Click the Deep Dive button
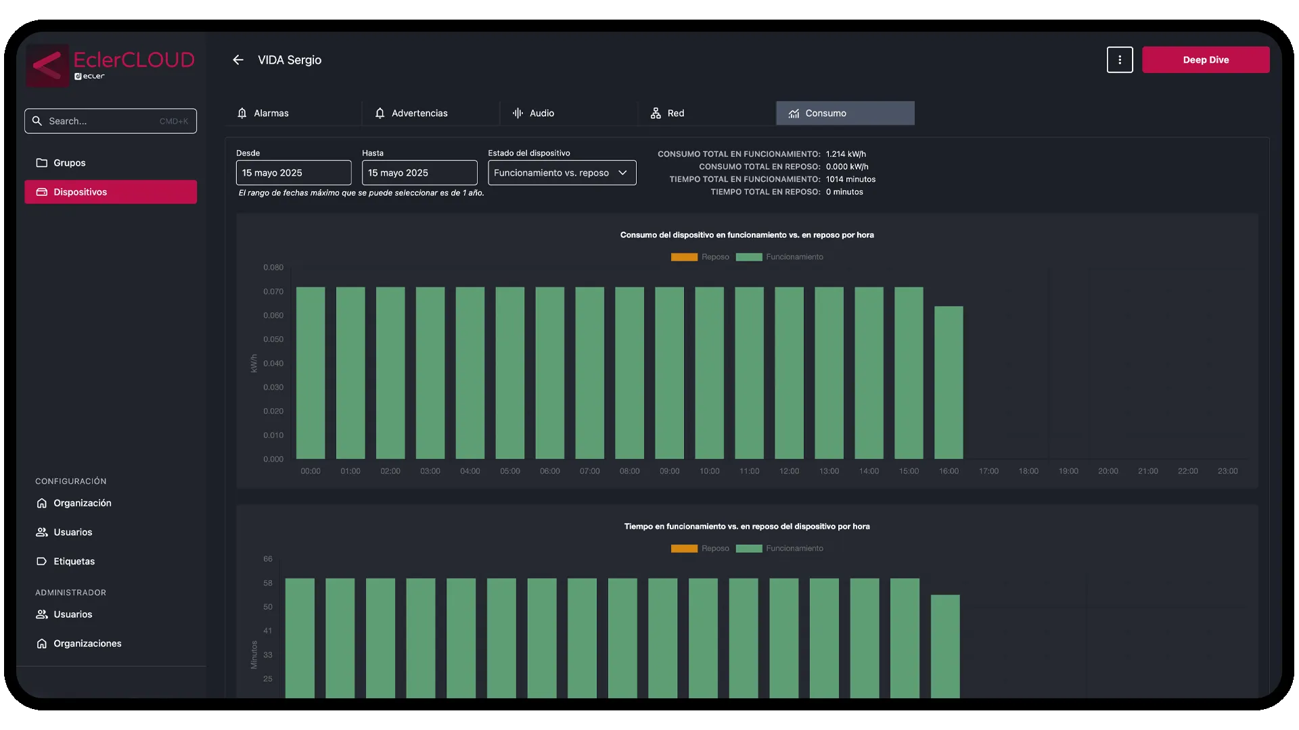click(1205, 59)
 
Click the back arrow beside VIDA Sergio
click(238, 60)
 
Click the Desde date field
click(293, 173)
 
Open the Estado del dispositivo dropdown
click(562, 173)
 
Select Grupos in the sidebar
click(70, 163)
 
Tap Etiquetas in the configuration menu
click(74, 561)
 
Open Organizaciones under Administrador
click(87, 643)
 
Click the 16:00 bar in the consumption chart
click(949, 383)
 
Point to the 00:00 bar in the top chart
click(311, 373)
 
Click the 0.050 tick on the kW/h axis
click(273, 339)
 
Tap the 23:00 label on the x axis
click(1227, 471)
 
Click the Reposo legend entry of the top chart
click(700, 257)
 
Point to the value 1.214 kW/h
click(845, 154)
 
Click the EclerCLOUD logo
click(110, 66)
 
